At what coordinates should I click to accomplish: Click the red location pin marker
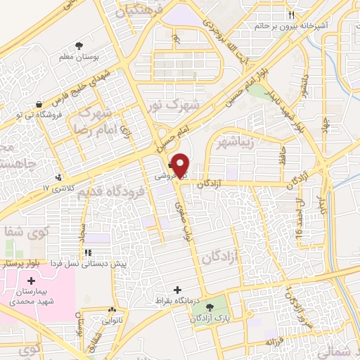181,163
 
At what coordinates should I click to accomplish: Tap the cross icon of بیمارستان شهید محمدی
30,282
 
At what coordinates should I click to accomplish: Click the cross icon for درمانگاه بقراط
176,290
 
